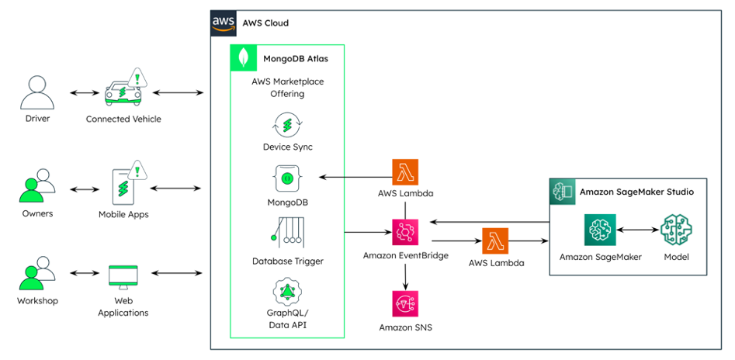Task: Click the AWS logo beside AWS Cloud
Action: (x=224, y=22)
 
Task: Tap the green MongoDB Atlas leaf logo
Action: (x=245, y=59)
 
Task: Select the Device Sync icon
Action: (x=287, y=125)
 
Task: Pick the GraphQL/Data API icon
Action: (x=287, y=292)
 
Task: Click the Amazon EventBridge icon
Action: (x=405, y=231)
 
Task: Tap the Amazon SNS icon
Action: (x=405, y=303)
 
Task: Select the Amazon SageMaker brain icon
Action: (x=600, y=230)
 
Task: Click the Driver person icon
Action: (x=37, y=93)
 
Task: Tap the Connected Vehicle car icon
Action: (x=125, y=90)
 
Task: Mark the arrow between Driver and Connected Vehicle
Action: (x=81, y=93)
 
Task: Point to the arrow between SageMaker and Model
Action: (x=637, y=230)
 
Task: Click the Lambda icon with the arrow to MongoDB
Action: (x=405, y=172)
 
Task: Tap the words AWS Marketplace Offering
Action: (x=288, y=88)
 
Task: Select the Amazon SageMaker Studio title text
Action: (x=636, y=192)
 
